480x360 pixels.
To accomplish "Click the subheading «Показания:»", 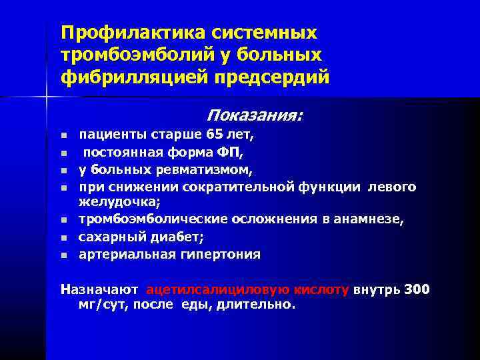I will [x=254, y=115].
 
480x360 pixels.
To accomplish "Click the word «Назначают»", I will [x=99, y=290].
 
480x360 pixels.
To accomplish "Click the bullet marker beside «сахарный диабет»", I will [x=64, y=237].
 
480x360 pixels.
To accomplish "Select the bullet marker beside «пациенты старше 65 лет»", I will [x=64, y=135].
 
